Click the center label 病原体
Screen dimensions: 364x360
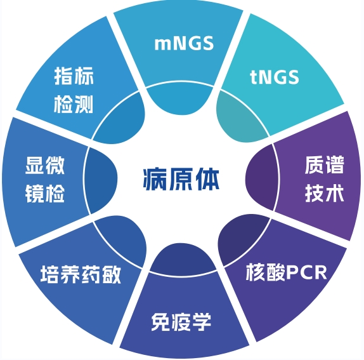181,180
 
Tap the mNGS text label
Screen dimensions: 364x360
184,43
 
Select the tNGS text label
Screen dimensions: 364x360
275,77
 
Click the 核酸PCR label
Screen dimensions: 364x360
286,272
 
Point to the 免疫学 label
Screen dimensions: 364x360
181,322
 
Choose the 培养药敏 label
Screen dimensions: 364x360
81,274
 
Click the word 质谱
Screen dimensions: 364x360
324,165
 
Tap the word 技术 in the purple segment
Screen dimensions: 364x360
324,193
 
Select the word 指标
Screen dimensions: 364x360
74,76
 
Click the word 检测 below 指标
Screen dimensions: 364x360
74,104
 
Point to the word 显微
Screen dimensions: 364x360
44,165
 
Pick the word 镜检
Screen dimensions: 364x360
44,194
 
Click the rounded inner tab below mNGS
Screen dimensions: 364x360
180,99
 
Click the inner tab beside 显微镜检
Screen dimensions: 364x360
100,180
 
